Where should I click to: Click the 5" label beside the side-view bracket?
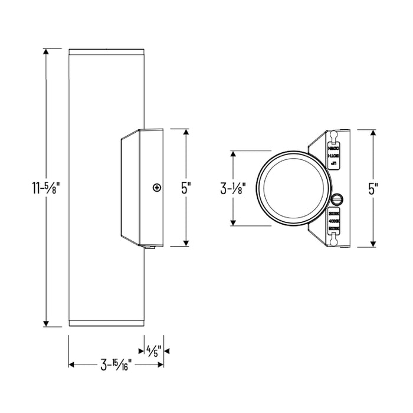tap(186, 188)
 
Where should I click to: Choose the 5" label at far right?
tap(373, 188)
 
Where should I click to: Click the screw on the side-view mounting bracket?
tap(156, 188)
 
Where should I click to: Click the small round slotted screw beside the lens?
tap(337, 198)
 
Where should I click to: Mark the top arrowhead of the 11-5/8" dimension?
tap(46, 51)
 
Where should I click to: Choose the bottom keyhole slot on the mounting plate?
tap(335, 240)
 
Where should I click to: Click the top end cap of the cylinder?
tap(106, 50)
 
